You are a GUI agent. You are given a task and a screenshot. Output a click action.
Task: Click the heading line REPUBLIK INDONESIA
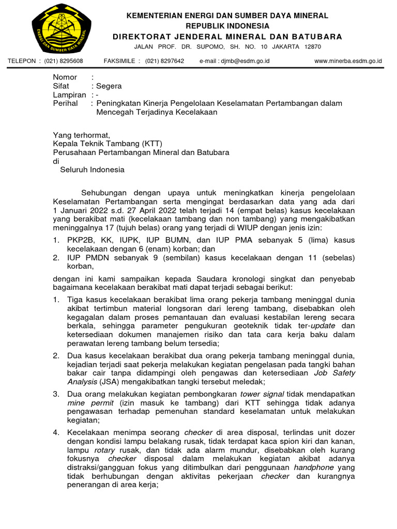(x=227, y=26)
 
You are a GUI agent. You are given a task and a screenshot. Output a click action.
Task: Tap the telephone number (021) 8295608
(x=64, y=61)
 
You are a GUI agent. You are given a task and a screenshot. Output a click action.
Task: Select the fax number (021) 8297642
(x=164, y=61)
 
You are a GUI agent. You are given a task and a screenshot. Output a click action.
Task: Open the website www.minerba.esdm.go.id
(x=348, y=61)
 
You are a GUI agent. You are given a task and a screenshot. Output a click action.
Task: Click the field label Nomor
(x=65, y=77)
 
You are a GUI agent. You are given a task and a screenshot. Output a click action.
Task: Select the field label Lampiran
(x=69, y=95)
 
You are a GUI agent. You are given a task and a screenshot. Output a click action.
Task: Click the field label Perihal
(x=65, y=103)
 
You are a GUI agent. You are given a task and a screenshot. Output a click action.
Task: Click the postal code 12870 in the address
(x=313, y=46)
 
